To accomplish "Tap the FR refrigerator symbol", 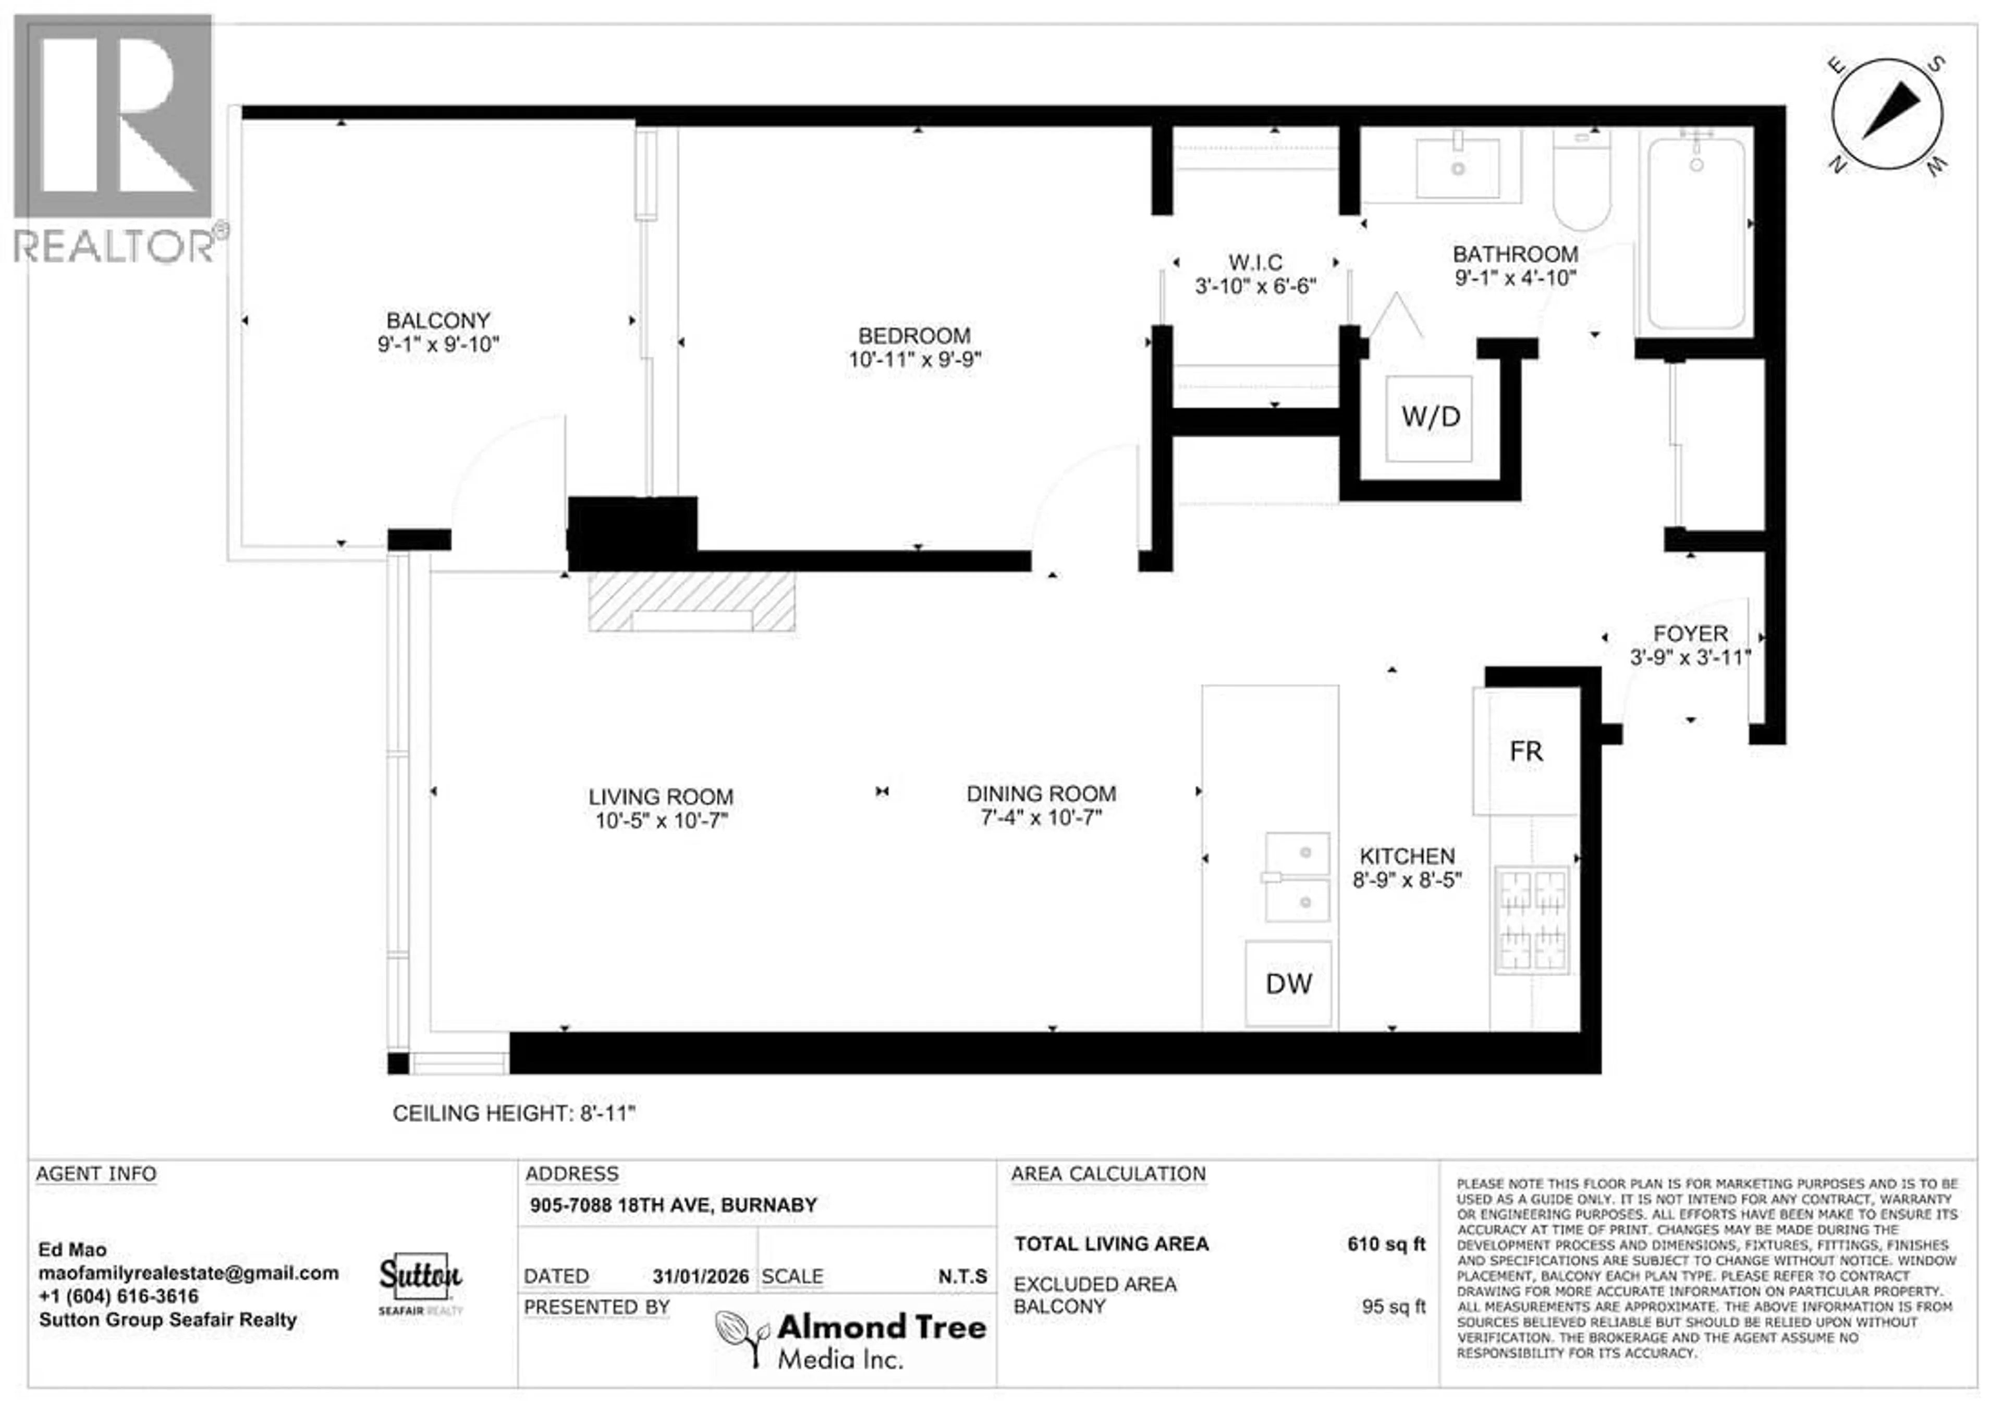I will [x=1526, y=752].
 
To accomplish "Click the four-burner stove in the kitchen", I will [x=1532, y=920].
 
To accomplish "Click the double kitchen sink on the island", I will [x=1298, y=877].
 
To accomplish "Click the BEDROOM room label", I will [x=914, y=336].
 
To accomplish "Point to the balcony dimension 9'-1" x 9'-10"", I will [x=438, y=345].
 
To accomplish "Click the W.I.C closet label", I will [x=1255, y=262].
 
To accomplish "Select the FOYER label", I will [x=1690, y=634].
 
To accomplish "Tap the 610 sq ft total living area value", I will [x=1386, y=1244].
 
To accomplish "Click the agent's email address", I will [x=188, y=1273].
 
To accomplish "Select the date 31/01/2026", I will [x=700, y=1276].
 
